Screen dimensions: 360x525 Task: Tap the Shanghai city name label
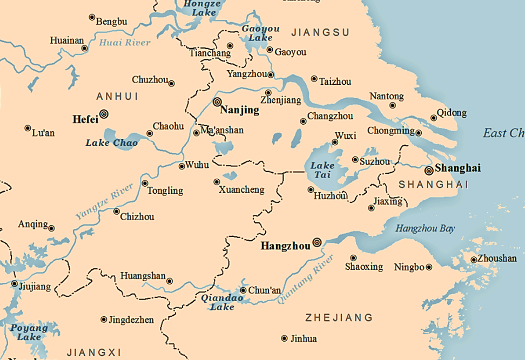457,168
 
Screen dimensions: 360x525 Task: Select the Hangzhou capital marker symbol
317,243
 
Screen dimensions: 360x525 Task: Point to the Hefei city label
85,119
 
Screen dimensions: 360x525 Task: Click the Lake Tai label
322,171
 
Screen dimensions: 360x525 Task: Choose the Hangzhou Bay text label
425,229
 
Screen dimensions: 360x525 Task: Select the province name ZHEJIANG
339,317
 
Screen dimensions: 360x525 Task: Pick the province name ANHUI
117,97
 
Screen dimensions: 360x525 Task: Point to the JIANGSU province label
320,33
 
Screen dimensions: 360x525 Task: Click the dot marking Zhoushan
474,260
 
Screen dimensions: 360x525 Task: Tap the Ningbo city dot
429,267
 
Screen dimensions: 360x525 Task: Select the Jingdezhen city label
131,320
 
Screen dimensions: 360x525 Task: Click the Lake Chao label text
112,143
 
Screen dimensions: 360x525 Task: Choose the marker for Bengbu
92,17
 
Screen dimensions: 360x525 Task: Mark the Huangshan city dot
170,281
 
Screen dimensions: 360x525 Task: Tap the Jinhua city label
304,339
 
